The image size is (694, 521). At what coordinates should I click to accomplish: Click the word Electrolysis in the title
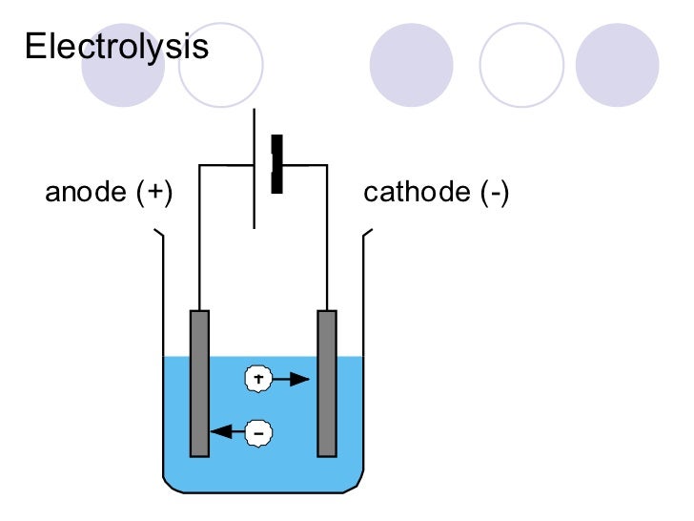click(x=116, y=47)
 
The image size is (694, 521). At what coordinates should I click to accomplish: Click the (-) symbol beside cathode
click(x=494, y=194)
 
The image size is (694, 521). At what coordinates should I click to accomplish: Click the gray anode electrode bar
click(x=199, y=382)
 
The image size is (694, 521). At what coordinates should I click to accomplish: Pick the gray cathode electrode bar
click(x=327, y=382)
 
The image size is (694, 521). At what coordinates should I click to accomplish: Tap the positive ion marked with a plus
click(x=258, y=379)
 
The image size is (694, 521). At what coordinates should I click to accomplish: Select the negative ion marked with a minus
click(x=258, y=432)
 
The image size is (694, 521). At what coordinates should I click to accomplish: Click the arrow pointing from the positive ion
click(x=292, y=379)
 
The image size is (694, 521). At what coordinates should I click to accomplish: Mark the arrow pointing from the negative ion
click(x=228, y=432)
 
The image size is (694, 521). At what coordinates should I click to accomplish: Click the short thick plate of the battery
click(x=276, y=164)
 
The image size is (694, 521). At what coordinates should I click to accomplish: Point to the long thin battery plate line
click(x=255, y=168)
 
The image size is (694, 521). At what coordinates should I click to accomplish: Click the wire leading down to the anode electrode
click(x=198, y=239)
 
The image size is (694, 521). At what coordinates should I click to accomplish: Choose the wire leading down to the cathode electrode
click(x=327, y=239)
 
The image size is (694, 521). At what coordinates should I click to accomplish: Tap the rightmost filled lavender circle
click(x=618, y=64)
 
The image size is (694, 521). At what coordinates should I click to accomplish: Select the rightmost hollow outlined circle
click(x=521, y=64)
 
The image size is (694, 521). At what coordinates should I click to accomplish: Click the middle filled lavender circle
click(x=411, y=64)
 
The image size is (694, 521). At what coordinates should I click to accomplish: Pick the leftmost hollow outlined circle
click(x=221, y=64)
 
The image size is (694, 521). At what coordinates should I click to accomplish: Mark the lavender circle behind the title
click(x=123, y=64)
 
